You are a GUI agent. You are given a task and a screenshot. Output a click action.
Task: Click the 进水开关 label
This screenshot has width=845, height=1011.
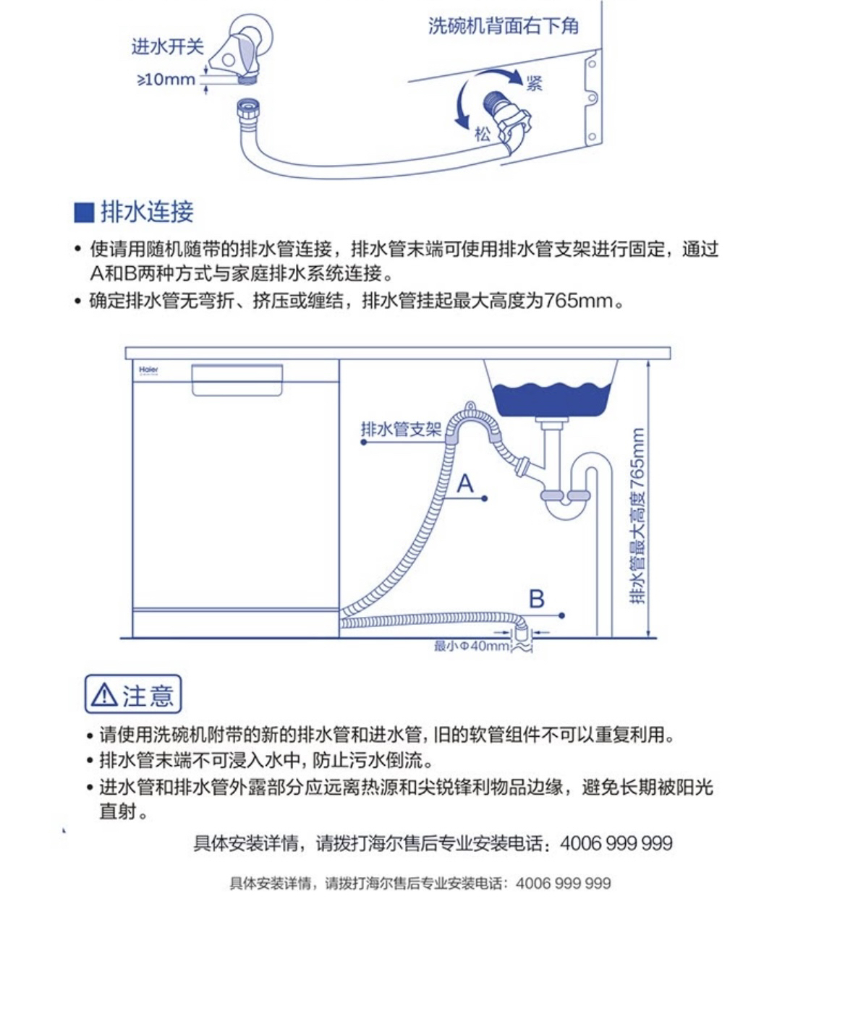tap(167, 47)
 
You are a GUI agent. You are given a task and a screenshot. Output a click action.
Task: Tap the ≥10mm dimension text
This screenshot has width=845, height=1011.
tap(166, 79)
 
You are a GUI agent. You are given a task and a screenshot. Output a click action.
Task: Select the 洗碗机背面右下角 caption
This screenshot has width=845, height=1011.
tap(503, 27)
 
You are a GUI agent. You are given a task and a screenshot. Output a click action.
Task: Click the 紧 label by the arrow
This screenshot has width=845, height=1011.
tap(535, 83)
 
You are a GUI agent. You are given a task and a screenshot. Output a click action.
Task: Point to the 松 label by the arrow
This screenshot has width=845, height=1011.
tap(483, 134)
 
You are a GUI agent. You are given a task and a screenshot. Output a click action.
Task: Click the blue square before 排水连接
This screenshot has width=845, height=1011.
tap(84, 213)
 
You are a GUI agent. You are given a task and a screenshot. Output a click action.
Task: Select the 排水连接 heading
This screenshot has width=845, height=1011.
tap(147, 212)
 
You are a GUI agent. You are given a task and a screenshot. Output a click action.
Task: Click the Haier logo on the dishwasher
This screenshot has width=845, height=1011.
tap(149, 370)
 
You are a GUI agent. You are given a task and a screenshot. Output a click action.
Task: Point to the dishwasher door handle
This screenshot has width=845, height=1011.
tap(237, 380)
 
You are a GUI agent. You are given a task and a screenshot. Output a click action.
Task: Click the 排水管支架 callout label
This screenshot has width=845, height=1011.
tap(401, 430)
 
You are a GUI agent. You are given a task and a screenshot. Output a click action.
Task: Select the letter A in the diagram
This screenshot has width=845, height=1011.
tap(465, 483)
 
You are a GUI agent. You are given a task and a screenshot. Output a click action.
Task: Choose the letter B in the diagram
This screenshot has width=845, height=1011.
tap(536, 599)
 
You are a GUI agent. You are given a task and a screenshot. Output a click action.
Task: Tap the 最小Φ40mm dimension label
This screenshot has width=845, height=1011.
tap(471, 646)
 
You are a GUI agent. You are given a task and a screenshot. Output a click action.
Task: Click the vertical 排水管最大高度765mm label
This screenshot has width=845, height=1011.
tap(637, 516)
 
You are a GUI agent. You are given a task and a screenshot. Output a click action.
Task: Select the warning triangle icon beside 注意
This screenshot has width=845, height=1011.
tap(104, 695)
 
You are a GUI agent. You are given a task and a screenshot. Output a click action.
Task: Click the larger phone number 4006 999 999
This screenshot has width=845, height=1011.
tap(616, 843)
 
